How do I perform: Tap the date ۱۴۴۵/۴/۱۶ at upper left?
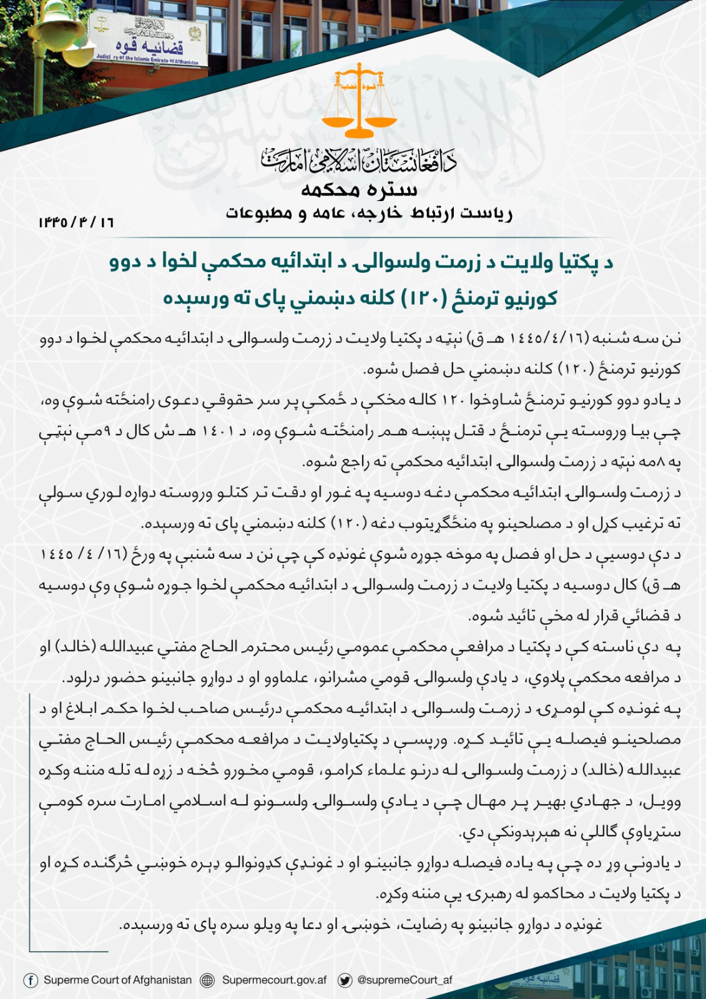click(76, 222)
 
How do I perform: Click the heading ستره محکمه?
click(359, 189)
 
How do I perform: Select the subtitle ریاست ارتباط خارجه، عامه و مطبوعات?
click(368, 214)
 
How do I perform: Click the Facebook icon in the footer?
click(31, 980)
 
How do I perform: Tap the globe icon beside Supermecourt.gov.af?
click(207, 980)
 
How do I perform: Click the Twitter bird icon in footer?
click(345, 980)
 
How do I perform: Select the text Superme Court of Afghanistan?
click(117, 980)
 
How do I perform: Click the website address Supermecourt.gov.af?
click(274, 980)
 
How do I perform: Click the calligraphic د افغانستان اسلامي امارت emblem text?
click(359, 161)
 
